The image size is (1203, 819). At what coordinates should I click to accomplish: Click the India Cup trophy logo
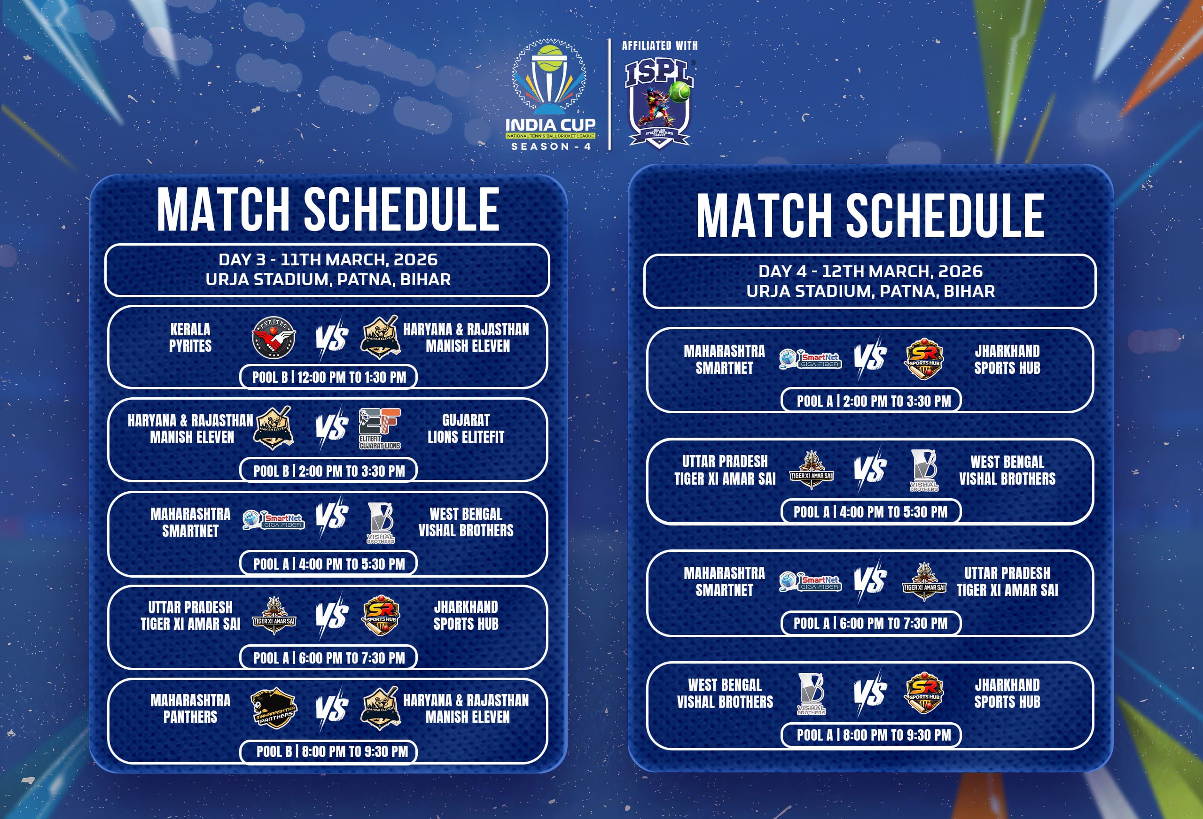[550, 83]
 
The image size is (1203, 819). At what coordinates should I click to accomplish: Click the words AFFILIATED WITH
[659, 46]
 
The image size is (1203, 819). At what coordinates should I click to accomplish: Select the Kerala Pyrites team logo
[274, 338]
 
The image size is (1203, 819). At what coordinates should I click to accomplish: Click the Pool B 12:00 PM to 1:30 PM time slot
[328, 377]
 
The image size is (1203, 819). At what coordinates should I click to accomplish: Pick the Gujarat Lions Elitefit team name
[465, 428]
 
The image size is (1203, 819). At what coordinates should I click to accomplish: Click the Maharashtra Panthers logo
[274, 708]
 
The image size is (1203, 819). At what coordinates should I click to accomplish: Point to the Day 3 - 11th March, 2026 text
[328, 259]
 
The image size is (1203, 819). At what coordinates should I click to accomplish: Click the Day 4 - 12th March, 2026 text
[870, 271]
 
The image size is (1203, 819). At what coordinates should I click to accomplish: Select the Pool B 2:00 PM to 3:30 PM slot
[328, 471]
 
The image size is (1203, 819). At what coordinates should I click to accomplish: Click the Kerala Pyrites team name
[190, 337]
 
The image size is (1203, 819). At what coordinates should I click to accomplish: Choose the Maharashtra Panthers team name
[190, 708]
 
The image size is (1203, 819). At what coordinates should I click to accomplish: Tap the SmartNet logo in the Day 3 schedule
[273, 520]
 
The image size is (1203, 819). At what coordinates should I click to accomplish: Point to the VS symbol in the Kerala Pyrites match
[331, 339]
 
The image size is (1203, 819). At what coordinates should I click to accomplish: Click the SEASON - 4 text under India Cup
[551, 147]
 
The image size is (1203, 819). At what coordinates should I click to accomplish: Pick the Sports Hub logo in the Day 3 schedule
[381, 615]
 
